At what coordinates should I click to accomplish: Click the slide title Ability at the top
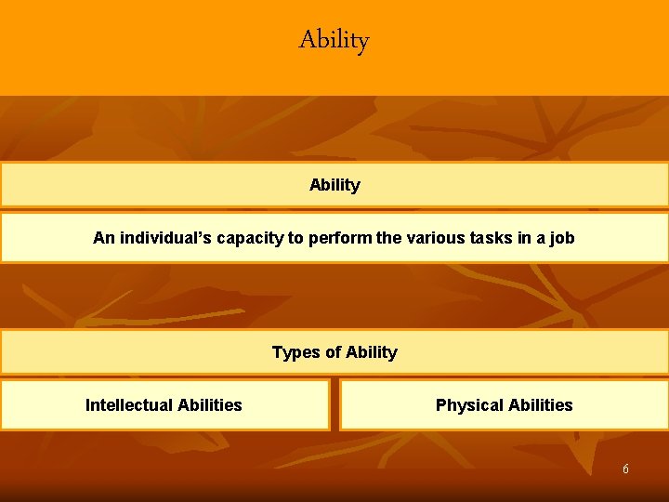pos(334,40)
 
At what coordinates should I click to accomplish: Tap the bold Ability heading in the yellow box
pos(334,185)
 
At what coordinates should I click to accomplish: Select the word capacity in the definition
pos(250,239)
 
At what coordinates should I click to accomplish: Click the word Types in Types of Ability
pos(294,352)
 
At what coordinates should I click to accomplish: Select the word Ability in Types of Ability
pos(371,352)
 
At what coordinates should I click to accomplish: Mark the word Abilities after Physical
pos(540,405)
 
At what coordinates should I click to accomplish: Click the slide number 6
pos(625,469)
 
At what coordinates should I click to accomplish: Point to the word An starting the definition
pos(103,238)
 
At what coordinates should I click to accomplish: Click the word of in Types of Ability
pos(332,352)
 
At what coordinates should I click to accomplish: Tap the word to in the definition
pos(295,238)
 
